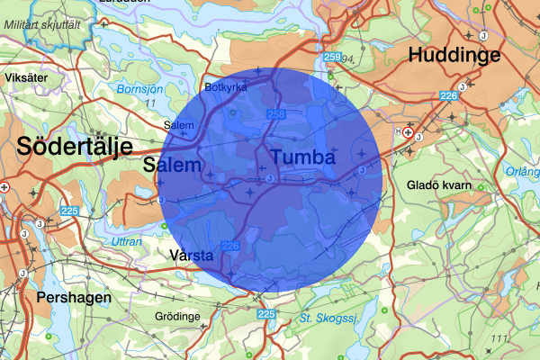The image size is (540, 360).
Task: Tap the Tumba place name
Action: tap(302, 157)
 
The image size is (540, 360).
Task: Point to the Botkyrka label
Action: tap(226, 88)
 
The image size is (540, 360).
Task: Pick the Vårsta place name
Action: tap(192, 256)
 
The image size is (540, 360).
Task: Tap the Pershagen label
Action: tap(74, 296)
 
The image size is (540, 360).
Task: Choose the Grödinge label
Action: tap(179, 318)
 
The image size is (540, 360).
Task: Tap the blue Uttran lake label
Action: tap(127, 241)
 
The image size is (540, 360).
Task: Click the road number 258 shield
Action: tap(276, 114)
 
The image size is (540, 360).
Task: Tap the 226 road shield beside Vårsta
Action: tap(230, 246)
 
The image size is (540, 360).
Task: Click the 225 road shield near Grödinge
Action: tap(265, 314)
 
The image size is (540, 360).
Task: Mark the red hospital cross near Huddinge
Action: tap(409, 132)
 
